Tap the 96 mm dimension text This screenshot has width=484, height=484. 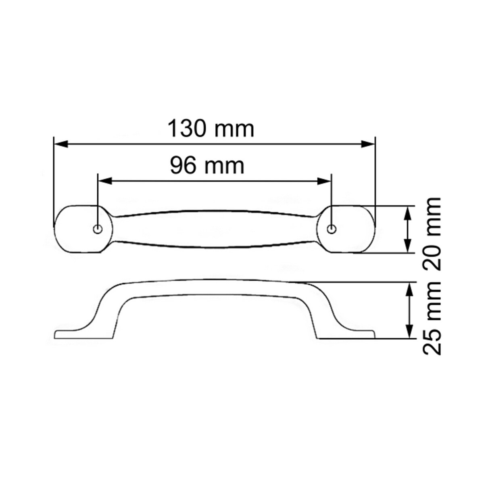pos(207,166)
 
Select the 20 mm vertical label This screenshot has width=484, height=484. pos(432,234)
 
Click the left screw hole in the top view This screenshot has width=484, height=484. pos(97,229)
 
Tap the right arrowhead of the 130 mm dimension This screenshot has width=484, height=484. pos(368,144)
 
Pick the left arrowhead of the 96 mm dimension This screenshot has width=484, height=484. pos(105,181)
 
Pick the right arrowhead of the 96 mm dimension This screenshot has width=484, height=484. pos(324,181)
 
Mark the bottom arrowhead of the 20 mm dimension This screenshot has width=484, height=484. pos(408,246)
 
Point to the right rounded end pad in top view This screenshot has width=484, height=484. pos(351,229)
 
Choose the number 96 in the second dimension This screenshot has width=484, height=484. pos(184,166)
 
